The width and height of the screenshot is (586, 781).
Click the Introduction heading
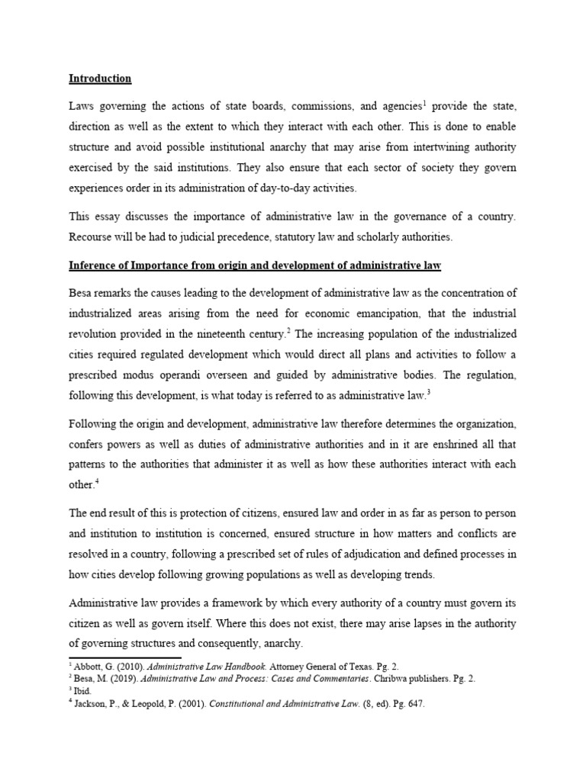[100, 79]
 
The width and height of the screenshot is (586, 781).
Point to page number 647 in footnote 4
[414, 704]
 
